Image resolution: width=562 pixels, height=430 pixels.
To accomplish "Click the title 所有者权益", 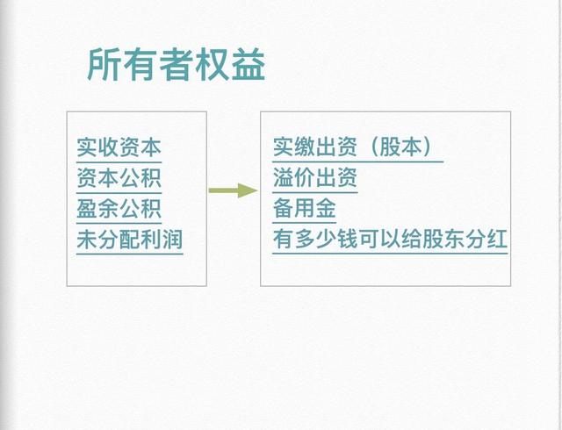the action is tap(176, 65).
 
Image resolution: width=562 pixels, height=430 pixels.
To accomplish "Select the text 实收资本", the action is tap(119, 147).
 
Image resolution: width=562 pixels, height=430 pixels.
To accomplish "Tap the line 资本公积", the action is tap(119, 178).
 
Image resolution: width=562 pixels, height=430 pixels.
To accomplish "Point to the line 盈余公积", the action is tap(119, 209).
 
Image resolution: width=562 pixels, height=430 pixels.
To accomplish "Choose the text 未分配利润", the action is tap(130, 240).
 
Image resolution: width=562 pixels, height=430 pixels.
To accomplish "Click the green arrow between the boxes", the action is tap(233, 190).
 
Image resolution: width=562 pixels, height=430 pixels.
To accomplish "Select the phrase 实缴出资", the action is tap(315, 147).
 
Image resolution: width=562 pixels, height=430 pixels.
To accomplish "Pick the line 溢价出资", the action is tap(315, 177).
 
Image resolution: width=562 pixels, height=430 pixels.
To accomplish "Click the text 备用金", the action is tap(305, 208).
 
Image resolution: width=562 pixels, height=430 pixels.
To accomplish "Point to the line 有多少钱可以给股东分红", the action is tap(390, 239).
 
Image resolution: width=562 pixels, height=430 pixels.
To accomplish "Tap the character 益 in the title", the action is tap(249, 65).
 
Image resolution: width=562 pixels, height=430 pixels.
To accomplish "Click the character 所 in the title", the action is tap(104, 65).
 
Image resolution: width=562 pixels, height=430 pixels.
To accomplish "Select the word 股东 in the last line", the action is tap(443, 239).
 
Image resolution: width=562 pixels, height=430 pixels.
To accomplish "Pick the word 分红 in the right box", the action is tap(486, 239).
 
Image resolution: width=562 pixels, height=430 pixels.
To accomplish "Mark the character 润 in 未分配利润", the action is tap(172, 240).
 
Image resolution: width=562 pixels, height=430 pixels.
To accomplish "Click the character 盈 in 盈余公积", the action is tap(87, 209).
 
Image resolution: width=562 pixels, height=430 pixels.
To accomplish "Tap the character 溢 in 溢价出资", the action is tap(284, 177).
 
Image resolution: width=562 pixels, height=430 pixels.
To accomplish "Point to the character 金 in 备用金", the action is tap(326, 208).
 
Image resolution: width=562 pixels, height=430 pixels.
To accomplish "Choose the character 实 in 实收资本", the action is tap(87, 147).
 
